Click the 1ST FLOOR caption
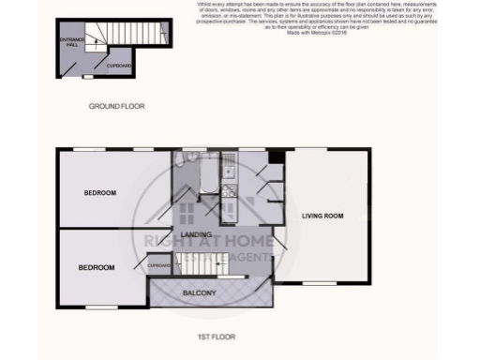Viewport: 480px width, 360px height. [x=216, y=335]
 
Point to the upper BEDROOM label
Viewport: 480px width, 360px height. [x=99, y=193]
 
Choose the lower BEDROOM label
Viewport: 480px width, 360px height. [x=96, y=267]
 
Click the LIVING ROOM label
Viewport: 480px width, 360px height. [x=322, y=216]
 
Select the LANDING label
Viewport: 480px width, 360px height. [x=195, y=234]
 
